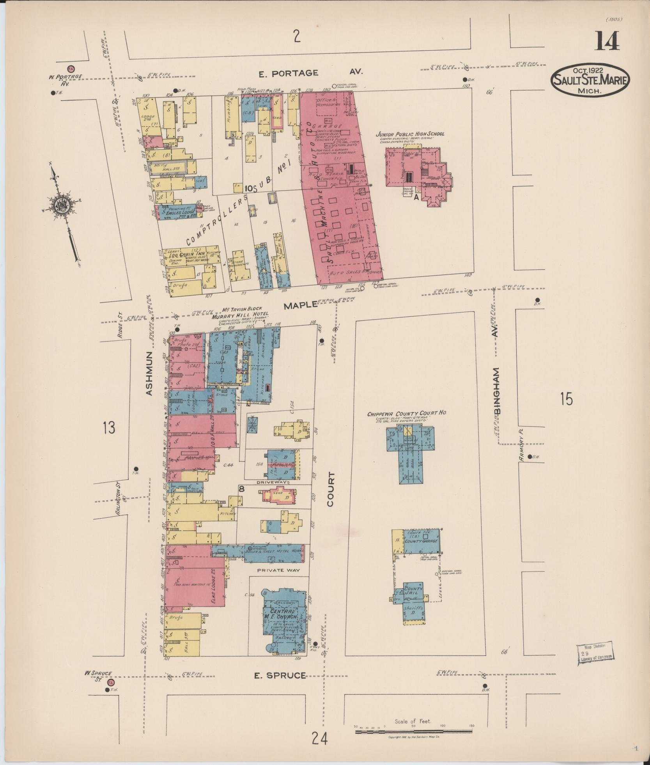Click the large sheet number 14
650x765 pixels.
tap(607, 42)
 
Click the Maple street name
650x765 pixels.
tap(300, 305)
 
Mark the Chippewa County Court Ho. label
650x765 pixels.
tap(407, 413)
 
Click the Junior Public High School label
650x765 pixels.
tap(409, 134)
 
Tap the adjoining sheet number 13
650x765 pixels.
tap(109, 428)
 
